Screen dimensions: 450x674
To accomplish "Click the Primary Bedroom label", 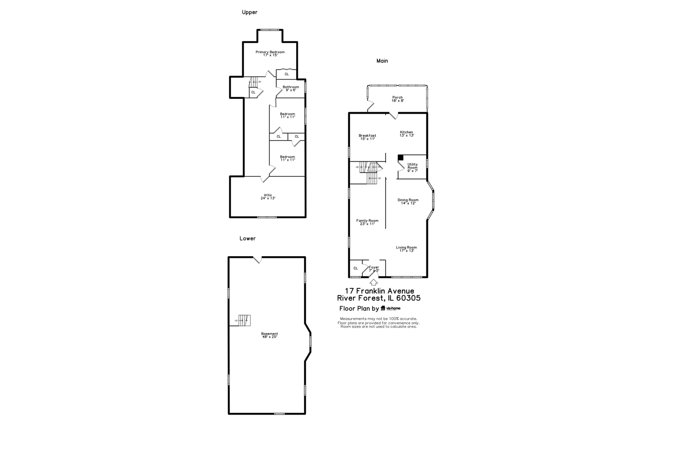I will click(270, 53).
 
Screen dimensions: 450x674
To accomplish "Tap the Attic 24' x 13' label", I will click(268, 197).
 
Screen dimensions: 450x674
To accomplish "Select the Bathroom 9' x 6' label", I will click(291, 88).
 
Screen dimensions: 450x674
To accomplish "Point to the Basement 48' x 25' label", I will click(270, 335).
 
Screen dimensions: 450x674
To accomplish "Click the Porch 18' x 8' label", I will click(397, 99).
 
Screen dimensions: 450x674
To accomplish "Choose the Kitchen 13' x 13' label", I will click(406, 134).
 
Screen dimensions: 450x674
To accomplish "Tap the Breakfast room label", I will click(367, 137).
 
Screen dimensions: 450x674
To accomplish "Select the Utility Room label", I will click(412, 167).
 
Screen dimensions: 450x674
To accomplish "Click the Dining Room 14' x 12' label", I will click(408, 201).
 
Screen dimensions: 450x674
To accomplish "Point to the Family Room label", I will click(367, 222).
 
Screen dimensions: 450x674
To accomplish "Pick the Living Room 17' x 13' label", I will click(406, 249).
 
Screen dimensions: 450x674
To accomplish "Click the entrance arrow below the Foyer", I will click(374, 282).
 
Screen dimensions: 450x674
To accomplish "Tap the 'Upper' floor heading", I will click(250, 12).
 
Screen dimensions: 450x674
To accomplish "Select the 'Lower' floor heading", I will click(248, 239).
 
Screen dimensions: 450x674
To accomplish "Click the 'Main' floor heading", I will click(382, 61).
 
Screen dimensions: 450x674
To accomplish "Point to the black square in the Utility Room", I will click(401, 157).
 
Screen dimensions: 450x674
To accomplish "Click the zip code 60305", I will click(409, 298).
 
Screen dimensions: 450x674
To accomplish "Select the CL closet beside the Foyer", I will click(355, 268).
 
